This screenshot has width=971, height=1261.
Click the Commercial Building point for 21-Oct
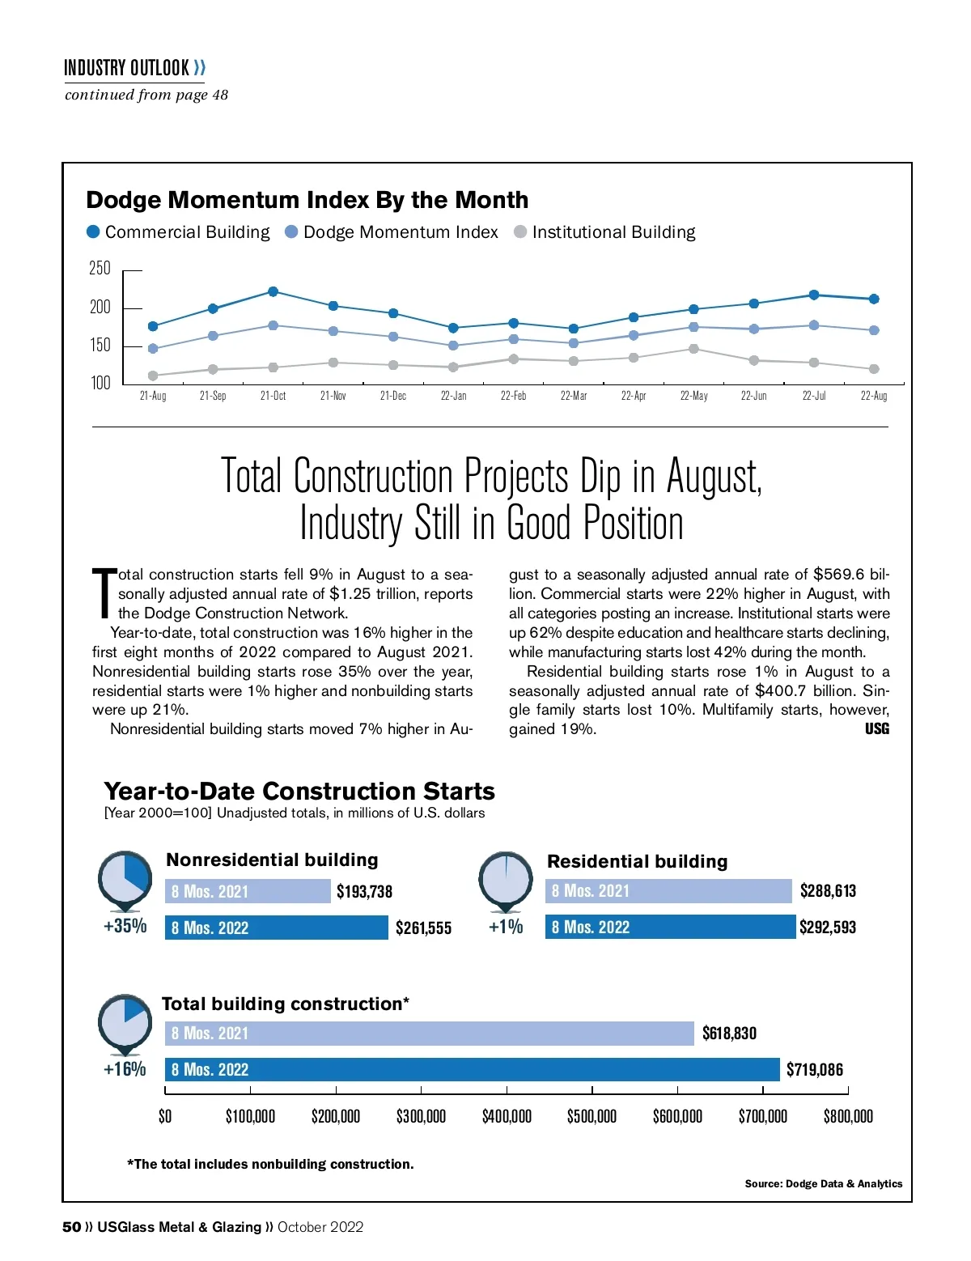(x=273, y=291)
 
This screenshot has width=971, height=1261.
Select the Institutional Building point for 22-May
(x=693, y=349)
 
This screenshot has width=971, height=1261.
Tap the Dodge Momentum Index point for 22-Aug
(x=874, y=330)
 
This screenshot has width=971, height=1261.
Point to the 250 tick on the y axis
(x=100, y=269)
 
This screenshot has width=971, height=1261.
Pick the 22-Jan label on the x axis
(x=453, y=396)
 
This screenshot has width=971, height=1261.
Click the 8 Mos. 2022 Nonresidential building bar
(x=276, y=928)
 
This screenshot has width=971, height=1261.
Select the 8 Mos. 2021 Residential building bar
(x=668, y=891)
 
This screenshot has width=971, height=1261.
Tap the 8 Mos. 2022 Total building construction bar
(x=472, y=1069)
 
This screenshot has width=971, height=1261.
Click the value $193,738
(x=364, y=892)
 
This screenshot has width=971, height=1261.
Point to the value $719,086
(x=814, y=1070)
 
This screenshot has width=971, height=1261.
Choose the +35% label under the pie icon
(x=125, y=926)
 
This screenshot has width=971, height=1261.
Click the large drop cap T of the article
(x=104, y=592)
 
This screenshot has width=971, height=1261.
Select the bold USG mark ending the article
(x=876, y=729)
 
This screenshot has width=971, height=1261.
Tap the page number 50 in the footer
(x=71, y=1227)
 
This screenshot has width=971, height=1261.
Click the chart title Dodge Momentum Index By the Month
(x=307, y=200)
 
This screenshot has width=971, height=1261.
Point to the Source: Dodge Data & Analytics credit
(x=823, y=1183)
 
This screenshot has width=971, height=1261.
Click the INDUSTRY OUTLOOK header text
(x=127, y=68)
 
